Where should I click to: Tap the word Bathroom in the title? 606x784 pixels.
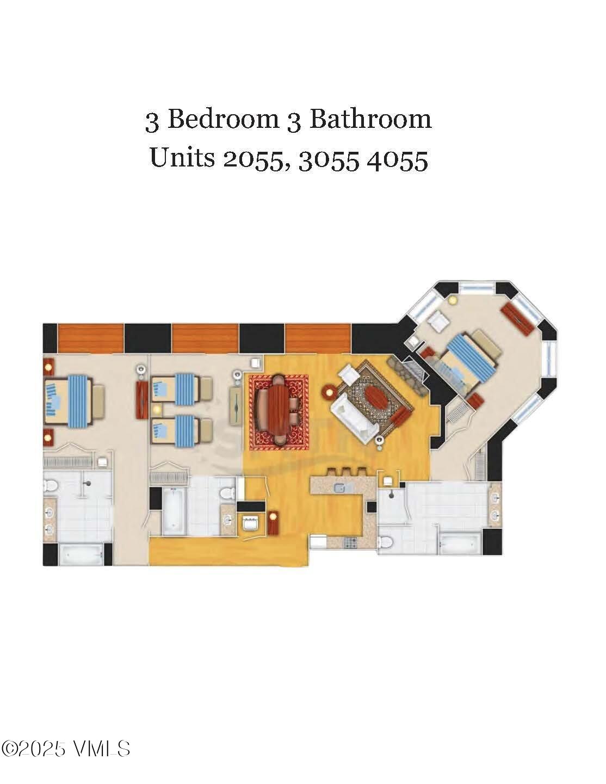click(x=370, y=119)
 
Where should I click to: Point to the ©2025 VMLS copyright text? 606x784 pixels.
click(x=66, y=749)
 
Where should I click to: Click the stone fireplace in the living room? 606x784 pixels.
click(x=409, y=376)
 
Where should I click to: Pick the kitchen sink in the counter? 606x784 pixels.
click(x=340, y=487)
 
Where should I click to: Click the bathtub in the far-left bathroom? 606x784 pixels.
click(x=81, y=554)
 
